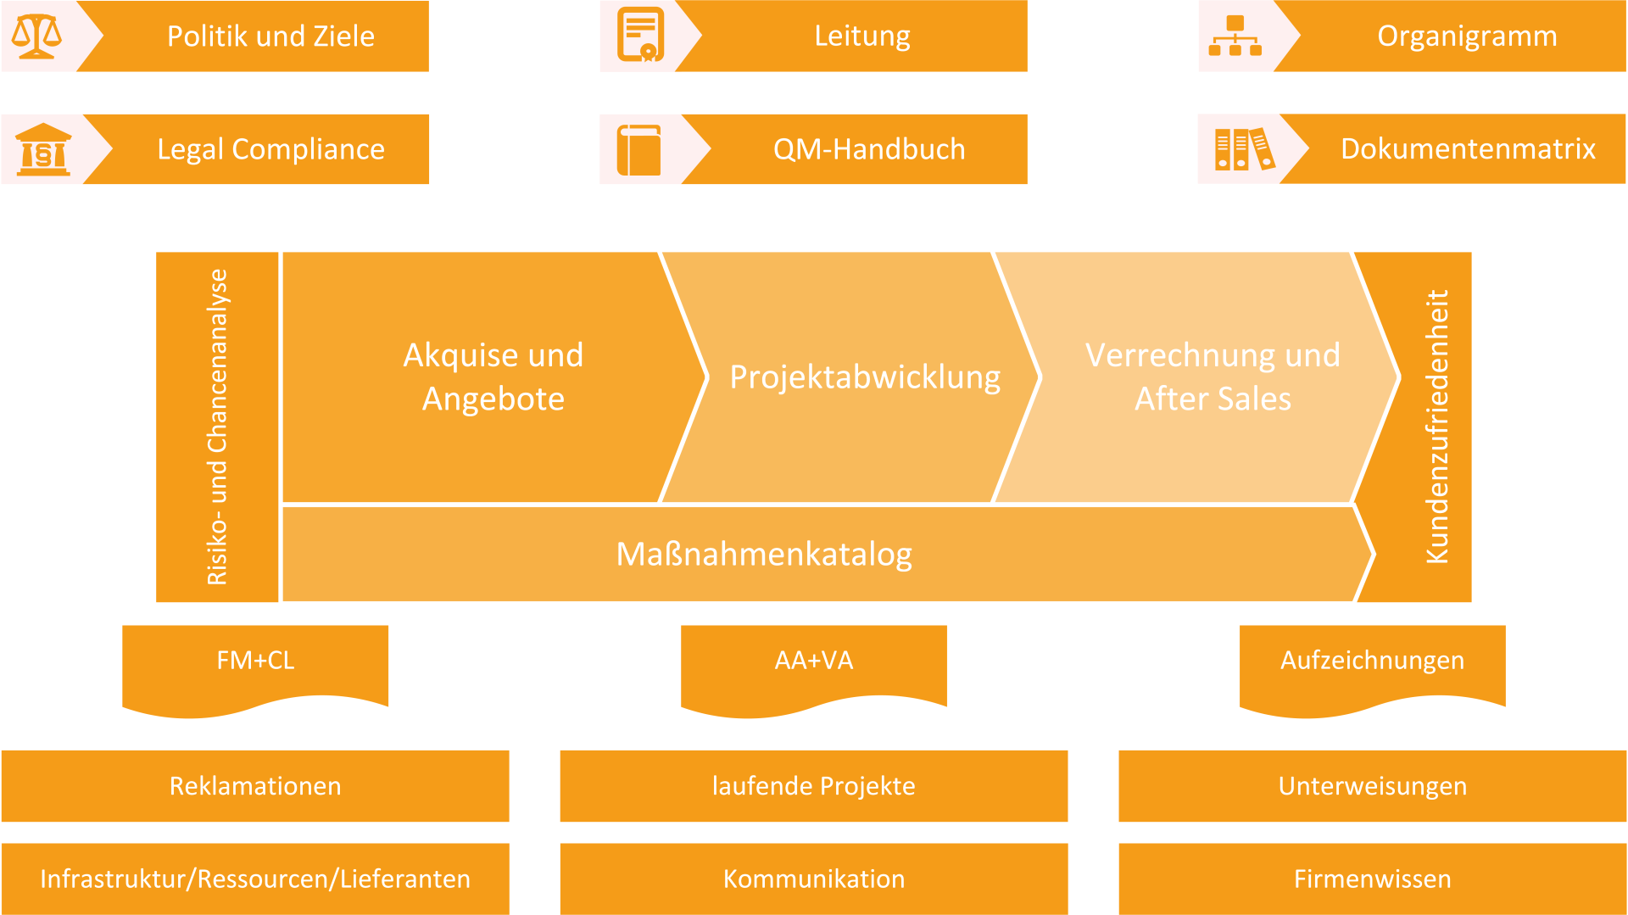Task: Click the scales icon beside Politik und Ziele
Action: coord(36,36)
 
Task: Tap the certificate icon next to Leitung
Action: coord(640,35)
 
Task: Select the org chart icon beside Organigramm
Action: coord(1235,36)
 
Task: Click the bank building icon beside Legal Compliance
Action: coord(43,149)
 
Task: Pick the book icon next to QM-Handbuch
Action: coord(639,150)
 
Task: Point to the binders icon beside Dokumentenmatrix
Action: coord(1245,149)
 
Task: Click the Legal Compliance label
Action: coord(270,149)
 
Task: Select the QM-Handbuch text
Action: coord(869,149)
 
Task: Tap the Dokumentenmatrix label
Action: coord(1468,149)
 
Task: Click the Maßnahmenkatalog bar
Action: coord(827,554)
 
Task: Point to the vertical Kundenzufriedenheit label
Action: coord(1437,427)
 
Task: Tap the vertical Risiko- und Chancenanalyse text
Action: coord(217,427)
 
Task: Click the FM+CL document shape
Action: coord(255,670)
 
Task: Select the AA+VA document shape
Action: coord(814,670)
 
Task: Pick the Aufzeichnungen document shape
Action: coord(1373,670)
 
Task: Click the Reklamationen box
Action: coord(255,786)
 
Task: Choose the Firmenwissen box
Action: coord(1373,879)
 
